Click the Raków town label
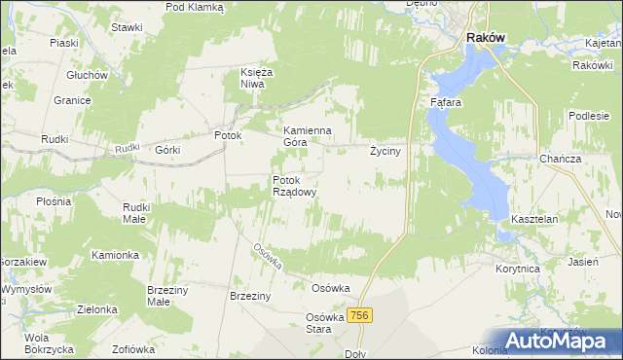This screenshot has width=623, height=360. click(x=485, y=37)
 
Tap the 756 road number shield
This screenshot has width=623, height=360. click(x=360, y=315)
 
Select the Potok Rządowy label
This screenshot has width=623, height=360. click(x=295, y=186)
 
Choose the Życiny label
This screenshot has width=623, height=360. click(x=386, y=152)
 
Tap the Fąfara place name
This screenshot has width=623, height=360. click(x=445, y=101)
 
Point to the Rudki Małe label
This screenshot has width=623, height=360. click(x=134, y=213)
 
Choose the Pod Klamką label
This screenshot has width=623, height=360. click(x=195, y=7)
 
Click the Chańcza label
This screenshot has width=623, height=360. click(x=560, y=159)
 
